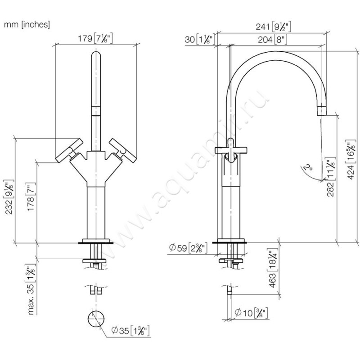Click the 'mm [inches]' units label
click(x=27, y=25)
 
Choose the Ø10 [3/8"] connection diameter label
click(x=252, y=311)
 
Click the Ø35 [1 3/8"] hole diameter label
click(x=130, y=332)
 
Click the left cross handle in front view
click(x=68, y=149)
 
